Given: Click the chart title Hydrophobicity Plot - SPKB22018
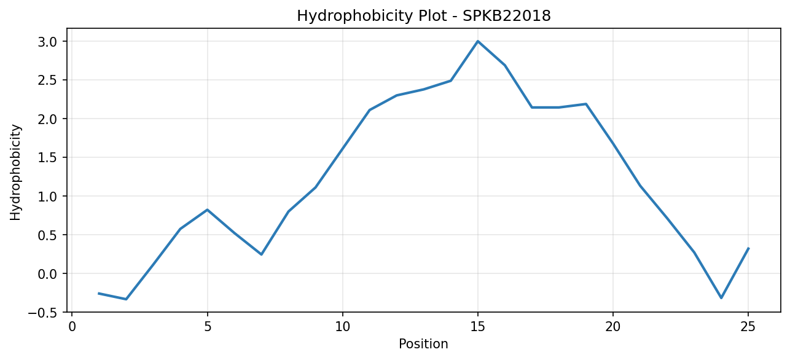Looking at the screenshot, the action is [x=424, y=16].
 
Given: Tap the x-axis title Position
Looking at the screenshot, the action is [x=423, y=344].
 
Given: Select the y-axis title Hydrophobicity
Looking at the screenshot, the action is [x=15, y=173].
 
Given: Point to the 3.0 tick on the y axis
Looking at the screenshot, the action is [x=47, y=42].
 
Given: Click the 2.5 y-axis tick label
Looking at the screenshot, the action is [x=47, y=80].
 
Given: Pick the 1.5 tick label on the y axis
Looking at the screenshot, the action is [x=47, y=158].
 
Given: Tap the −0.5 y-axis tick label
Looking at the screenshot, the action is [x=42, y=313].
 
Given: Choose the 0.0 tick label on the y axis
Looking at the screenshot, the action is [x=47, y=274].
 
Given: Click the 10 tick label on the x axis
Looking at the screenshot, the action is [x=342, y=327].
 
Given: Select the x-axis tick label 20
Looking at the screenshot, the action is [x=613, y=327].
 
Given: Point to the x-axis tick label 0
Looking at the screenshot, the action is [x=72, y=327].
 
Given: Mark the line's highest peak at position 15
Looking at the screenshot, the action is [x=478, y=41].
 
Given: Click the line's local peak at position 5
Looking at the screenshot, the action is [x=208, y=209].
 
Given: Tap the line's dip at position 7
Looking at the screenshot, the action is [x=261, y=254].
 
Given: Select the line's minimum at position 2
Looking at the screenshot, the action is [x=126, y=299].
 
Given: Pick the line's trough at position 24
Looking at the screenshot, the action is [x=721, y=299].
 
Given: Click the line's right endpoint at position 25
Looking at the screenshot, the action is [x=748, y=248].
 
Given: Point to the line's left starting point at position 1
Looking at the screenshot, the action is [x=99, y=294].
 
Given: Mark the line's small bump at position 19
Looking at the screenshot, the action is [x=586, y=104].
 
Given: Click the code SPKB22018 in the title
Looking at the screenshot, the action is [x=507, y=16].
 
